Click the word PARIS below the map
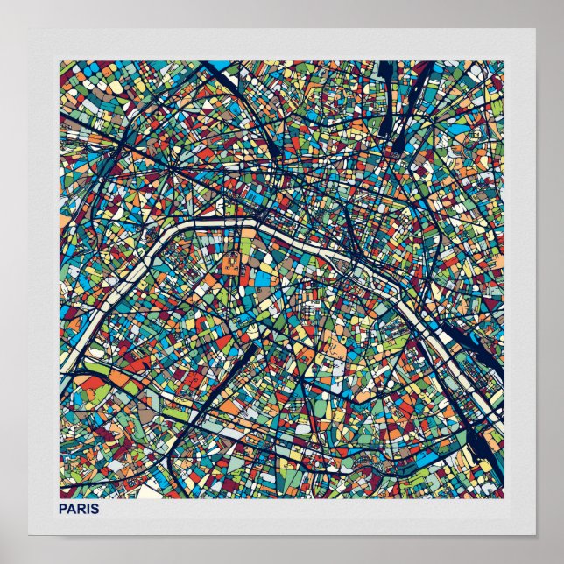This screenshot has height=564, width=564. [78, 509]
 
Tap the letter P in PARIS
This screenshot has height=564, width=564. [62, 509]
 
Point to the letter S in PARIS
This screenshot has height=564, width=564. [95, 509]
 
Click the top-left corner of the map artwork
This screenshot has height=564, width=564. [60, 60]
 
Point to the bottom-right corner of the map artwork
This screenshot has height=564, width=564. [504, 497]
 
